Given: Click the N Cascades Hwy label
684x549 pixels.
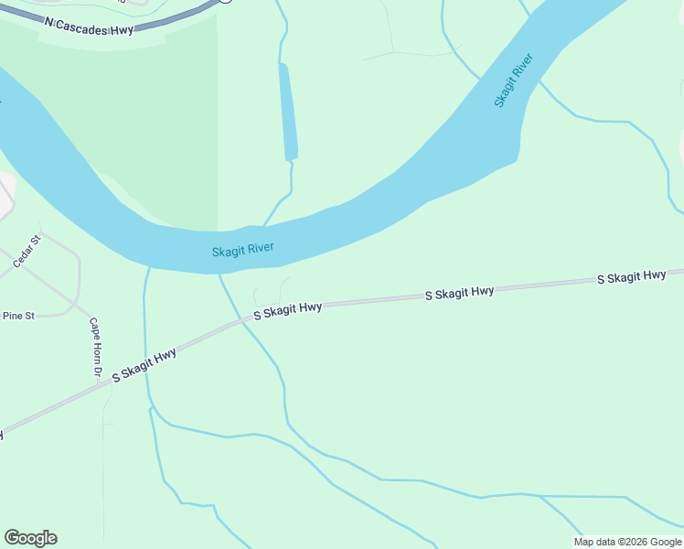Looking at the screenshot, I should click(x=89, y=22).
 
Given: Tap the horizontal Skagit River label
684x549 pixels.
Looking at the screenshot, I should click(x=242, y=250).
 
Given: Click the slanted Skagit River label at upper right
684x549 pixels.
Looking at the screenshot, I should click(x=513, y=81).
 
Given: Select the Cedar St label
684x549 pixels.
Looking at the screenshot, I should click(x=27, y=252).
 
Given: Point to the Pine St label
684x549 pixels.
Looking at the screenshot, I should click(x=18, y=316).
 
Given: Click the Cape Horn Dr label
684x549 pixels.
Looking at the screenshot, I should click(x=94, y=349).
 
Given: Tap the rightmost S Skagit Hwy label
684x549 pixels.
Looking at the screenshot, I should click(x=631, y=276).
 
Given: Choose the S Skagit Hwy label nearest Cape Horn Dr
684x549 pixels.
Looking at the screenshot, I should click(x=144, y=365).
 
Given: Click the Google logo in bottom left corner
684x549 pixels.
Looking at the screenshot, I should click(x=30, y=538).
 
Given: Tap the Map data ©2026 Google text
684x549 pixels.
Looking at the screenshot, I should click(x=627, y=542).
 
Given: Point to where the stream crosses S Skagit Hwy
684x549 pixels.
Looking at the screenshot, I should click(x=244, y=319).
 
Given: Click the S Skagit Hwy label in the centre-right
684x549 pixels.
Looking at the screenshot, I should click(x=459, y=293).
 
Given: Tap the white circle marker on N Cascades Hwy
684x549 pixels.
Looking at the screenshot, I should click(x=225, y=1).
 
